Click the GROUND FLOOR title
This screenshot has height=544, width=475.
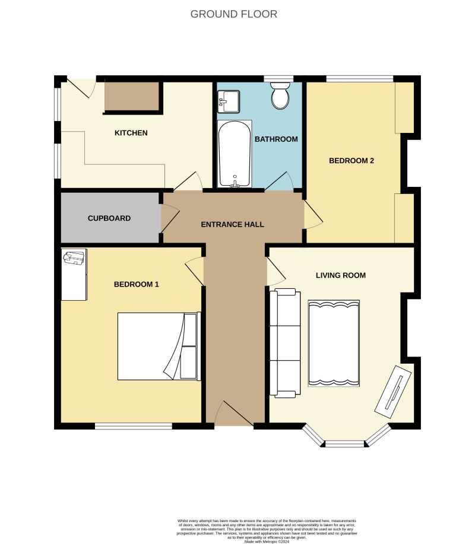coord(233,14)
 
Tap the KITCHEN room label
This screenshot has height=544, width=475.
coord(131,133)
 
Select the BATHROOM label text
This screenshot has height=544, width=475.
coord(275,139)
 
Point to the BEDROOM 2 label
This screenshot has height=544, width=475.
coord(351,160)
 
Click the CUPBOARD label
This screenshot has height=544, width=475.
coord(109,218)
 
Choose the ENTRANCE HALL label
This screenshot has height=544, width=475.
coord(232,224)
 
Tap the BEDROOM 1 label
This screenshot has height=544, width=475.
coord(137,284)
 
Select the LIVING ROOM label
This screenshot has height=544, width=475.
coord(340,275)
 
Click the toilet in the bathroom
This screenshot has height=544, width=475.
coord(280,96)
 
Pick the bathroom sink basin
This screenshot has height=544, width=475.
coord(228,101)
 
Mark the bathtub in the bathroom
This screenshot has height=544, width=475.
coord(235,154)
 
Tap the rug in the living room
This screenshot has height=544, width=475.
coord(334,343)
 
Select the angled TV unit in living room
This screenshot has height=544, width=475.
coord(392,389)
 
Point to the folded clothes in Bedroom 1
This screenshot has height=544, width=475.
coord(74,259)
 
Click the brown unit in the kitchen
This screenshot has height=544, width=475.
coord(132,97)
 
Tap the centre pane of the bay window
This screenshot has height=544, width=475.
coord(344,444)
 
